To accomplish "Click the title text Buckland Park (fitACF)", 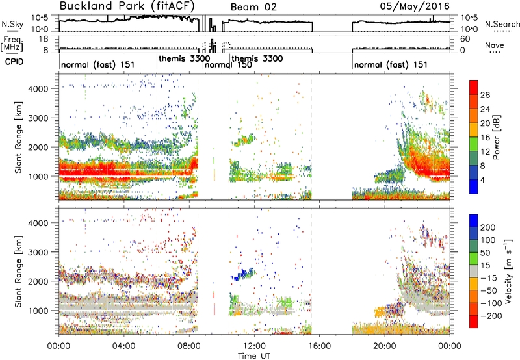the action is pos(127,6).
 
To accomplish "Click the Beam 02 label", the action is pos(253,7).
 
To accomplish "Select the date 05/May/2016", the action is pos(415,6).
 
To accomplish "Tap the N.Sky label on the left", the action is pos(12,24).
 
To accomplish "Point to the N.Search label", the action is pos(502,24).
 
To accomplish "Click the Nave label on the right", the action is pos(495,45).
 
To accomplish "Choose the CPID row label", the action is pos(14,62).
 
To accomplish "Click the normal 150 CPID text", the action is pos(228,64).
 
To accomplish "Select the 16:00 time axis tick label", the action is pos(320,346).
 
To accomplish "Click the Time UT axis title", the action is pos(254,355).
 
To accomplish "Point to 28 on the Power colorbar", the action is pos(485,95).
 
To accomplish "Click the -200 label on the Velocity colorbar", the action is pos(491,316).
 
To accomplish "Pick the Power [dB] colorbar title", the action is pos(497,137).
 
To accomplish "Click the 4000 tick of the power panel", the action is pos(38,89).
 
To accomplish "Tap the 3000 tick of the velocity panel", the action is pos(38,252).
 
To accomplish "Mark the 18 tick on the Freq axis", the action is pos(44,39).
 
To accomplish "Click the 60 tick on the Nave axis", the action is pos(465,39).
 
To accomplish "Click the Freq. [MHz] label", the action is pos(12,44).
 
